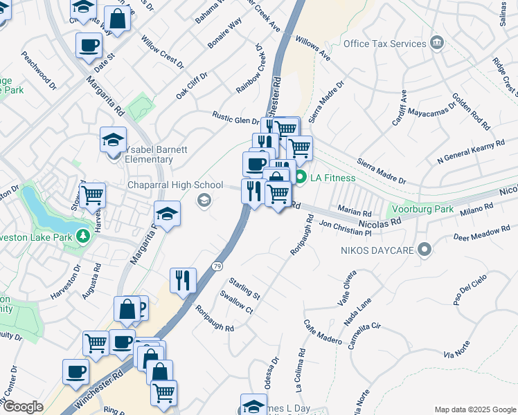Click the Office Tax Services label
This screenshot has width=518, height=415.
(x=384, y=44)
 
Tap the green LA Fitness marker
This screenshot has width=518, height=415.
(x=301, y=178)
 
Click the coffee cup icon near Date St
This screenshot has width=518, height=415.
(x=89, y=46)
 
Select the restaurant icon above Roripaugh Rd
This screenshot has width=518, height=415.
(x=183, y=280)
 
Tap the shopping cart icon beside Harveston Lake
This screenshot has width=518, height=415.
(x=92, y=195)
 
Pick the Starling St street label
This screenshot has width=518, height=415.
(x=244, y=288)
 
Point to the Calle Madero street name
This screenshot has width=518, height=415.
(x=322, y=331)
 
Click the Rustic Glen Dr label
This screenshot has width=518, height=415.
(x=235, y=119)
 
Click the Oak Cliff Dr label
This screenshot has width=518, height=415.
(x=192, y=85)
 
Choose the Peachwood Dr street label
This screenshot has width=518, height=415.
(x=39, y=70)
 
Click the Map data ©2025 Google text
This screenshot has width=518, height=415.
(x=475, y=409)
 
